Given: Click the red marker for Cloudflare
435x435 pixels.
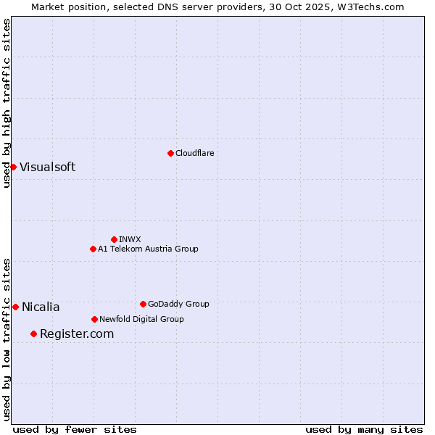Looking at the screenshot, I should [170, 153].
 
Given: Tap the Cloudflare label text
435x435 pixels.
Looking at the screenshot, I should [195, 153].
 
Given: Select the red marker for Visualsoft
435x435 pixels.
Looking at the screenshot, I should [13, 167].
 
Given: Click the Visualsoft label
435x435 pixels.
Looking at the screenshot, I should [47, 167].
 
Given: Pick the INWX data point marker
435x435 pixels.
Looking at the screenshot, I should [114, 239].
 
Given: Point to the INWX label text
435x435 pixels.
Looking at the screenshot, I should [130, 239].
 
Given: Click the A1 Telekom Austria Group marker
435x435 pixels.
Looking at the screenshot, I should [93, 249].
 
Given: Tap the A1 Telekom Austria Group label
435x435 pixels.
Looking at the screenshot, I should [148, 249].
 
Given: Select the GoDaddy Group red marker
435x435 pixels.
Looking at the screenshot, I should [143, 304].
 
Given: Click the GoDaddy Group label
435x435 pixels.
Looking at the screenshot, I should [178, 304].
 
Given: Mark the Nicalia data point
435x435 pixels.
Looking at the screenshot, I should [15, 307].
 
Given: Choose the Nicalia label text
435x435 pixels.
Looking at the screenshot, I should [41, 307].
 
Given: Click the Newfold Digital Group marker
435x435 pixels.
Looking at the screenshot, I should [94, 319].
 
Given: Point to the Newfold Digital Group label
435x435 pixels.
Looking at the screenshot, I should [141, 319].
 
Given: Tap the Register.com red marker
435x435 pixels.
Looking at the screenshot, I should [33, 333].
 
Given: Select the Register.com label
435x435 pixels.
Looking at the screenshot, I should [77, 333].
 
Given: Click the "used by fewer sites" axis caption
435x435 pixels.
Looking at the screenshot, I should [75, 429].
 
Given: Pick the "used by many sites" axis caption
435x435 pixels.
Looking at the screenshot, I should [364, 429].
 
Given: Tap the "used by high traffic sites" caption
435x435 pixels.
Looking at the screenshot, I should [7, 103].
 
